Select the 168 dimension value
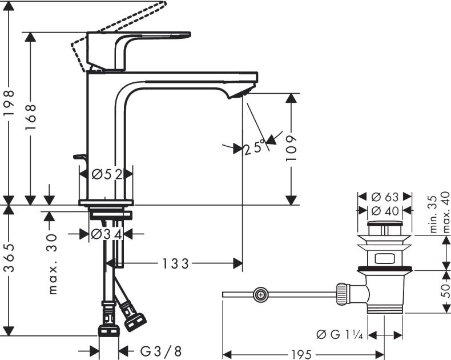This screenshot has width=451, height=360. [31, 116]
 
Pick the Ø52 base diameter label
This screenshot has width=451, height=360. [107, 174]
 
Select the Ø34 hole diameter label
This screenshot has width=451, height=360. [107, 234]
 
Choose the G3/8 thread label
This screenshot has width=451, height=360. [154, 350]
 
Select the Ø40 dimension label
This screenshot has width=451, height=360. [384, 210]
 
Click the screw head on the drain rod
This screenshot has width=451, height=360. [260, 295]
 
